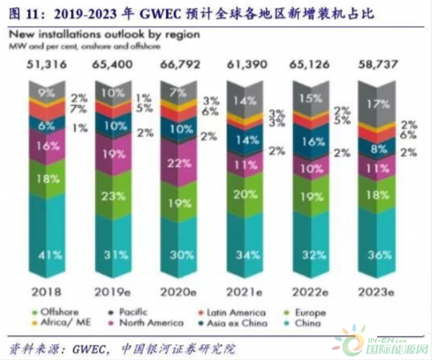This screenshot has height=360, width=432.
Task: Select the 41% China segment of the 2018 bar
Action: tap(46, 253)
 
